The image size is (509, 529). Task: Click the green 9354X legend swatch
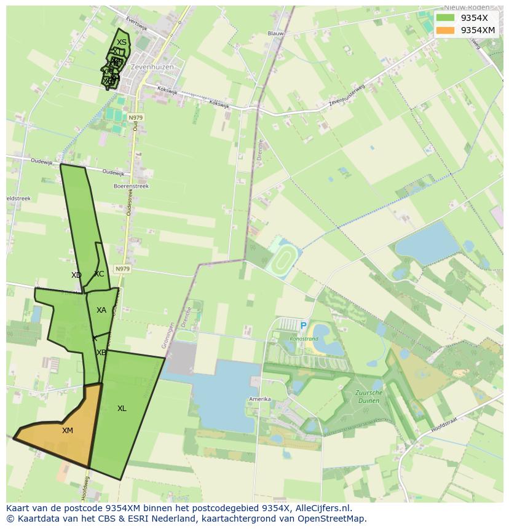pos(446,18)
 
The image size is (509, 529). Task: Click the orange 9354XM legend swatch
pos(446,30)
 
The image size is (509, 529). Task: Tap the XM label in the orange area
pos(68,431)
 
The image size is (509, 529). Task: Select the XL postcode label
pos(122,409)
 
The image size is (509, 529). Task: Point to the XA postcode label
pos(101,310)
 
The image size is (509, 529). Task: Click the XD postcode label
pos(76,275)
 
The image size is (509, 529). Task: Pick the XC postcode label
pos(99,274)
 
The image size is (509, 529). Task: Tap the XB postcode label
pos(101,353)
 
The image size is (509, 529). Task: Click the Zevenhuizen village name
pos(152,67)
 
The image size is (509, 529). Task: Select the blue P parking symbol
pos(303,326)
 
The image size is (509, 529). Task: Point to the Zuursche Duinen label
pos(368,396)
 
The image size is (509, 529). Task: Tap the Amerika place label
pos(259,399)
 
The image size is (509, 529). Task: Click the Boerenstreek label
pos(131,186)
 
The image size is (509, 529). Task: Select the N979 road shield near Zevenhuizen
pos(135,117)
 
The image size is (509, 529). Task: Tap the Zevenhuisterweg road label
pos(347,95)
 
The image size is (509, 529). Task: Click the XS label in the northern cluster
pos(122,42)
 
